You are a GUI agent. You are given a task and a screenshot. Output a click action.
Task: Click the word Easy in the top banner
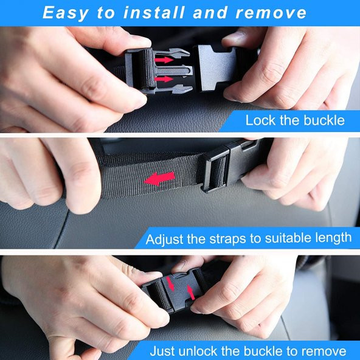point(66,13)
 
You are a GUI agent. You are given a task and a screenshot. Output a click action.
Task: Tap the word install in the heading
point(154,12)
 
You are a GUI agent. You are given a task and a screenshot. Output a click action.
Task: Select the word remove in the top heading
point(271,13)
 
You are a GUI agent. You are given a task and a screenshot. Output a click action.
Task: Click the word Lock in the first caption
point(260,120)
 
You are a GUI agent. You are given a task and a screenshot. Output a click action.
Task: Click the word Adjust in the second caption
point(164,239)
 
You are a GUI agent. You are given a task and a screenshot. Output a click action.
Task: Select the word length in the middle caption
point(333,238)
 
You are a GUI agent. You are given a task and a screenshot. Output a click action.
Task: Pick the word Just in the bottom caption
point(163,351)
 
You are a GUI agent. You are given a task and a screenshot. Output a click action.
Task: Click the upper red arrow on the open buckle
point(164,60)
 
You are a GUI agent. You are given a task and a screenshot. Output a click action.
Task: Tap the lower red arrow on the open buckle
point(164,79)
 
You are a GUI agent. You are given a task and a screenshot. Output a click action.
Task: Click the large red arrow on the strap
point(159,179)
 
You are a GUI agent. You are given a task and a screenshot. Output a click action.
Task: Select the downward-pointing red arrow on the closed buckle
point(170,283)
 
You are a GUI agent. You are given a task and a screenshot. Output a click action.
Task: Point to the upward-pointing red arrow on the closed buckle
point(191,292)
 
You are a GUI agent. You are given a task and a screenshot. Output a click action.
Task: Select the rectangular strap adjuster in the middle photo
point(215,170)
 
